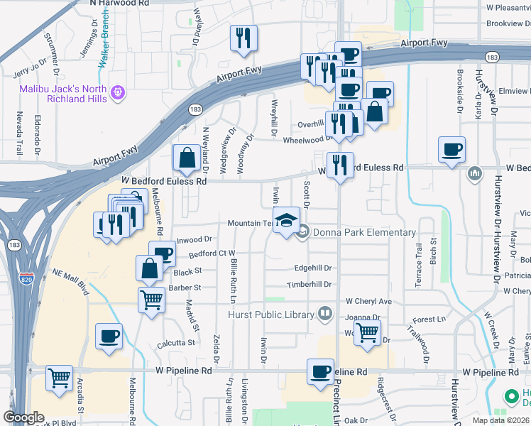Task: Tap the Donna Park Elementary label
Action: point(364,232)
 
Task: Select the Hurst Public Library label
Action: point(271,315)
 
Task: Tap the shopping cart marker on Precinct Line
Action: point(367,332)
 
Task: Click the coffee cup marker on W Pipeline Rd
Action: point(320,371)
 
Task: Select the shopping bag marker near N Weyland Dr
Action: point(187,158)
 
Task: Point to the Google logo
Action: point(23,417)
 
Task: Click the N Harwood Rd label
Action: point(119,4)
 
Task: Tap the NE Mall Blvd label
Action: point(75,282)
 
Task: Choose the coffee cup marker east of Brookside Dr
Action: point(451,149)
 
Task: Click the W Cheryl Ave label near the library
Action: point(368,301)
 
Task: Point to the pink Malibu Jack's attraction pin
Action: point(118,92)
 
